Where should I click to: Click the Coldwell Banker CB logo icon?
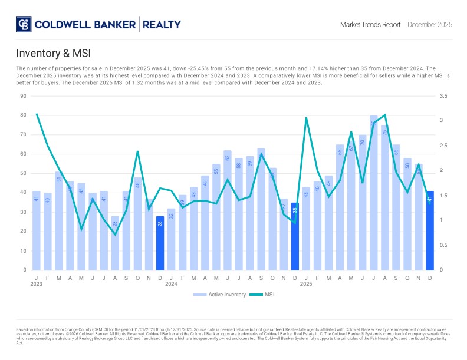pos(24,25)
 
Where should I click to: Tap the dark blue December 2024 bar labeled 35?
pos(295,236)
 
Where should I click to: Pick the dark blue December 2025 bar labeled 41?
pos(430,230)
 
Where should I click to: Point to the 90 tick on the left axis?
pos(24,95)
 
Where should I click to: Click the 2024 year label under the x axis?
pos(171,283)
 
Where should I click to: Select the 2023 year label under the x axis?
pos(37,283)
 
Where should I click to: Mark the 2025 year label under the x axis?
pos(306,283)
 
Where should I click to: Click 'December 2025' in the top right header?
pos(430,25)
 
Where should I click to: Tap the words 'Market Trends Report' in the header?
pos(370,25)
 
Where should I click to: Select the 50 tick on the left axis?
pos(24,173)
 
